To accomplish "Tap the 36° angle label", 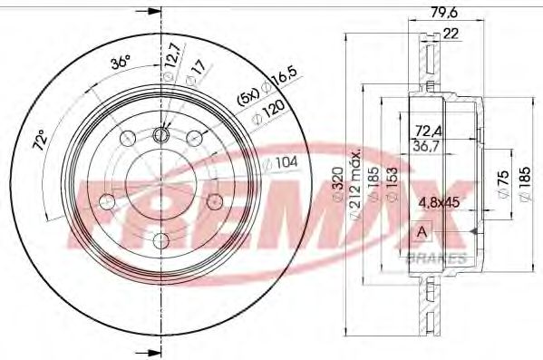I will pos(119,63).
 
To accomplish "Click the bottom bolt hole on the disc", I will pos(160,241).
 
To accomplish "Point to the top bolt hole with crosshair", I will pos(161,136).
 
